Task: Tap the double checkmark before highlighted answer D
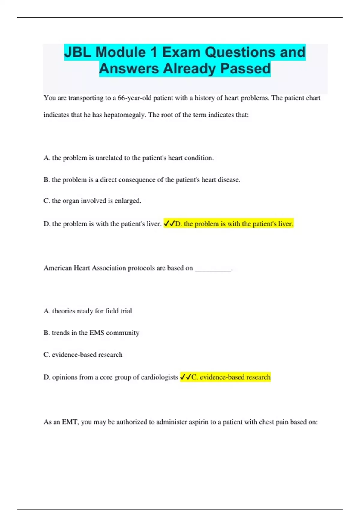point(169,224)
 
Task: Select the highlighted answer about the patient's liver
point(234,224)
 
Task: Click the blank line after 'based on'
point(213,268)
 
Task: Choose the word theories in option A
point(64,311)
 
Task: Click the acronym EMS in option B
point(97,333)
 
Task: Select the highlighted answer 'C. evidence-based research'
point(231,377)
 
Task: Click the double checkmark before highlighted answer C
point(185,377)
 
